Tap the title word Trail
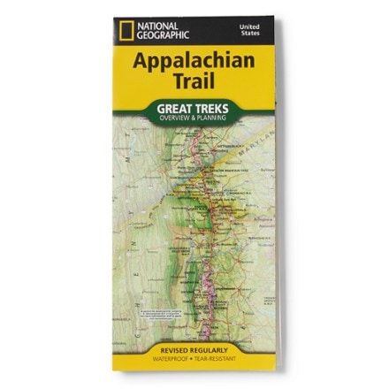(x=193, y=88)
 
